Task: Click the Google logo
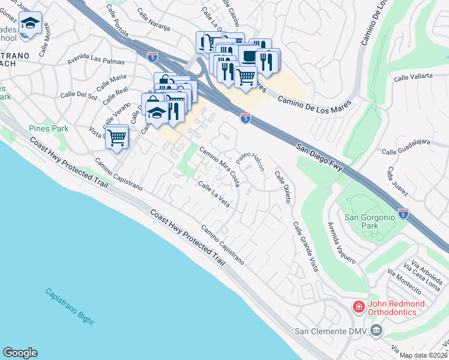(x=20, y=353)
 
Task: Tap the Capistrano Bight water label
(x=70, y=306)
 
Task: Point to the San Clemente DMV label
(x=331, y=331)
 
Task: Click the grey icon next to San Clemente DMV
(x=376, y=330)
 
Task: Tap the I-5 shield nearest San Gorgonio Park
(x=403, y=213)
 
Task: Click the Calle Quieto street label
(x=283, y=187)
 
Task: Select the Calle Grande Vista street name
(x=305, y=246)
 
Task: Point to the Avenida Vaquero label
(x=342, y=243)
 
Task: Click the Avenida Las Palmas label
(x=96, y=61)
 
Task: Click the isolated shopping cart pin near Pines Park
(x=118, y=136)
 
